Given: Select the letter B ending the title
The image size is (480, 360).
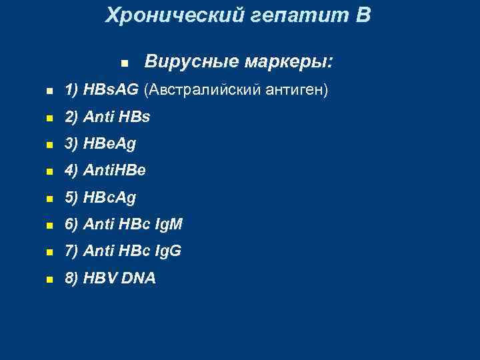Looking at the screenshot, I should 363,15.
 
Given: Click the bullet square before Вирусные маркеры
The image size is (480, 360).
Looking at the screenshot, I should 124,64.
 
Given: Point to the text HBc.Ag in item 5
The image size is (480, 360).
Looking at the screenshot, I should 111,197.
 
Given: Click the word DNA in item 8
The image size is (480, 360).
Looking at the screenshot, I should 137,279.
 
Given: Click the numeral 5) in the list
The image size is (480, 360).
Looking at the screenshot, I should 72,197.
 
